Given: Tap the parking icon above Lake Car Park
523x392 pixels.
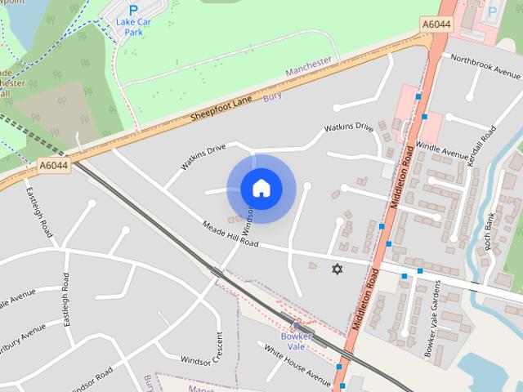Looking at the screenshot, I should click(x=133, y=10).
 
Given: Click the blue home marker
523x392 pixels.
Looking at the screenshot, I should click(x=260, y=189).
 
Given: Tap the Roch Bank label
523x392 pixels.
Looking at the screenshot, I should click(x=489, y=231).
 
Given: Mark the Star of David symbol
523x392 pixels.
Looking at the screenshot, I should click(x=335, y=269).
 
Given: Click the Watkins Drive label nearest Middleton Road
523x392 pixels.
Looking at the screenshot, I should click(x=348, y=128).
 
